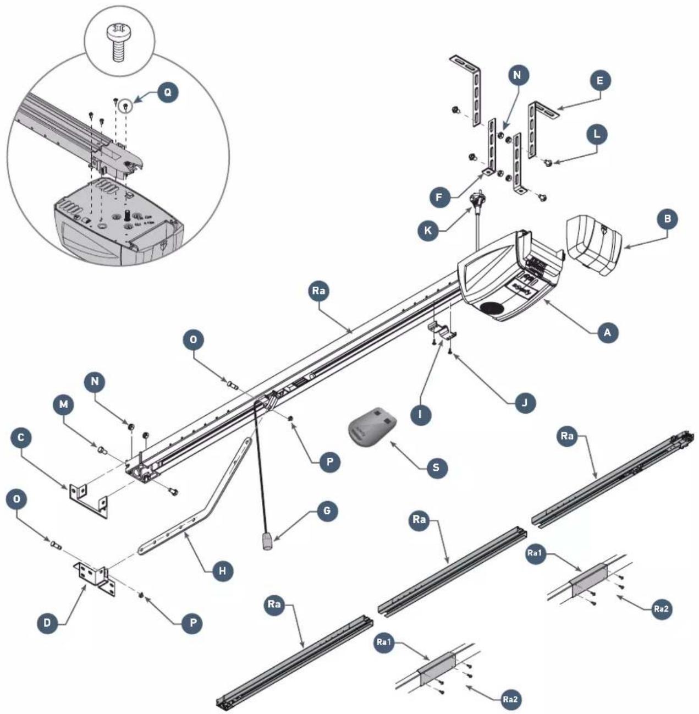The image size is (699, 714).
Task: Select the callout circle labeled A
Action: pyautogui.click(x=608, y=332)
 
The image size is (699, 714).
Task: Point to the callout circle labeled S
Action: pyautogui.click(x=436, y=468)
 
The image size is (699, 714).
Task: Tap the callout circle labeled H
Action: pyautogui.click(x=222, y=570)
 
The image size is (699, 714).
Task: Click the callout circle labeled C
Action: pyautogui.click(x=21, y=438)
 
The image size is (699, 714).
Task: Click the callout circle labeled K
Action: pyautogui.click(x=426, y=230)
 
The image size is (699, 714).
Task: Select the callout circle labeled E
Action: pyautogui.click(x=600, y=81)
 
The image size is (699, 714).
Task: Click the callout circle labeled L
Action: pyautogui.click(x=597, y=134)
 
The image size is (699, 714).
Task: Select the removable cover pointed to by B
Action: pyautogui.click(x=594, y=245)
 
